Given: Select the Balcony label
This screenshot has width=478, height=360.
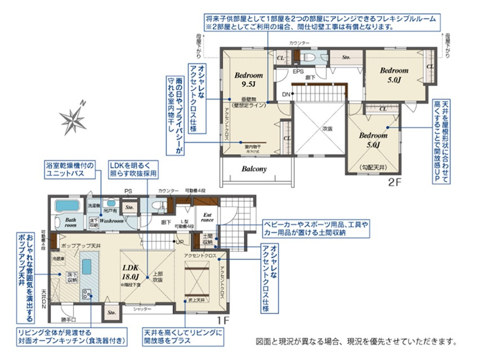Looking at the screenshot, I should point(254,168).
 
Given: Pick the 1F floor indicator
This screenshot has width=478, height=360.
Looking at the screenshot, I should point(222,319).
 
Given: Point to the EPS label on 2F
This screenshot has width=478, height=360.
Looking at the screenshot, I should point(297,72).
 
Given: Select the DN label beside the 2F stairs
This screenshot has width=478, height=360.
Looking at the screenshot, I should point(286,94).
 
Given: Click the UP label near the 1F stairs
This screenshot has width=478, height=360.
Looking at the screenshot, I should point(180,242).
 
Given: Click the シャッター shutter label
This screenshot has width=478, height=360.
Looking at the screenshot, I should point(142,309).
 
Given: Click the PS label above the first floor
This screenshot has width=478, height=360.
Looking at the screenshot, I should point(128,191).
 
